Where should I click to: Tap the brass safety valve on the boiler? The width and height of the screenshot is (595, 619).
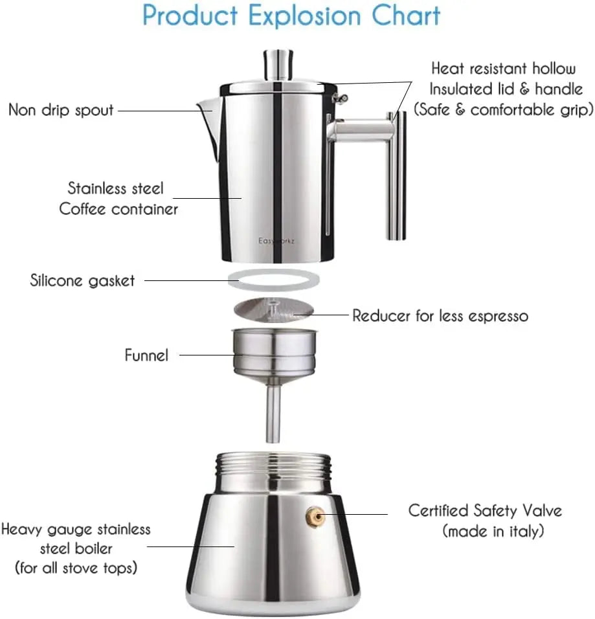point(314,515)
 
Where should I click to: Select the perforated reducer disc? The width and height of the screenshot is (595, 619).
point(274,309)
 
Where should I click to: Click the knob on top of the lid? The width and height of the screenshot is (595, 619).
point(276,65)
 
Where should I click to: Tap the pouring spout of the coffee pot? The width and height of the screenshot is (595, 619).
point(208,113)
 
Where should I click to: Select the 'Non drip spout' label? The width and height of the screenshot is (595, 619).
point(61,110)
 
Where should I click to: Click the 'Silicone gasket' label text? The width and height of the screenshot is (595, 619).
point(83,280)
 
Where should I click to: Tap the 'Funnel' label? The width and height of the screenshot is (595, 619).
point(146,355)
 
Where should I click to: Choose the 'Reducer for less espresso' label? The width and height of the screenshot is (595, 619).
point(440,316)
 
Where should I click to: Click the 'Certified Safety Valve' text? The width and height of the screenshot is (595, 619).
point(484,510)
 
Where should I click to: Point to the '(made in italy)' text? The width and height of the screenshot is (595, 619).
point(493,532)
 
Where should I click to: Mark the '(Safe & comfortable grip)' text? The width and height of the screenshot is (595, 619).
point(504,109)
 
